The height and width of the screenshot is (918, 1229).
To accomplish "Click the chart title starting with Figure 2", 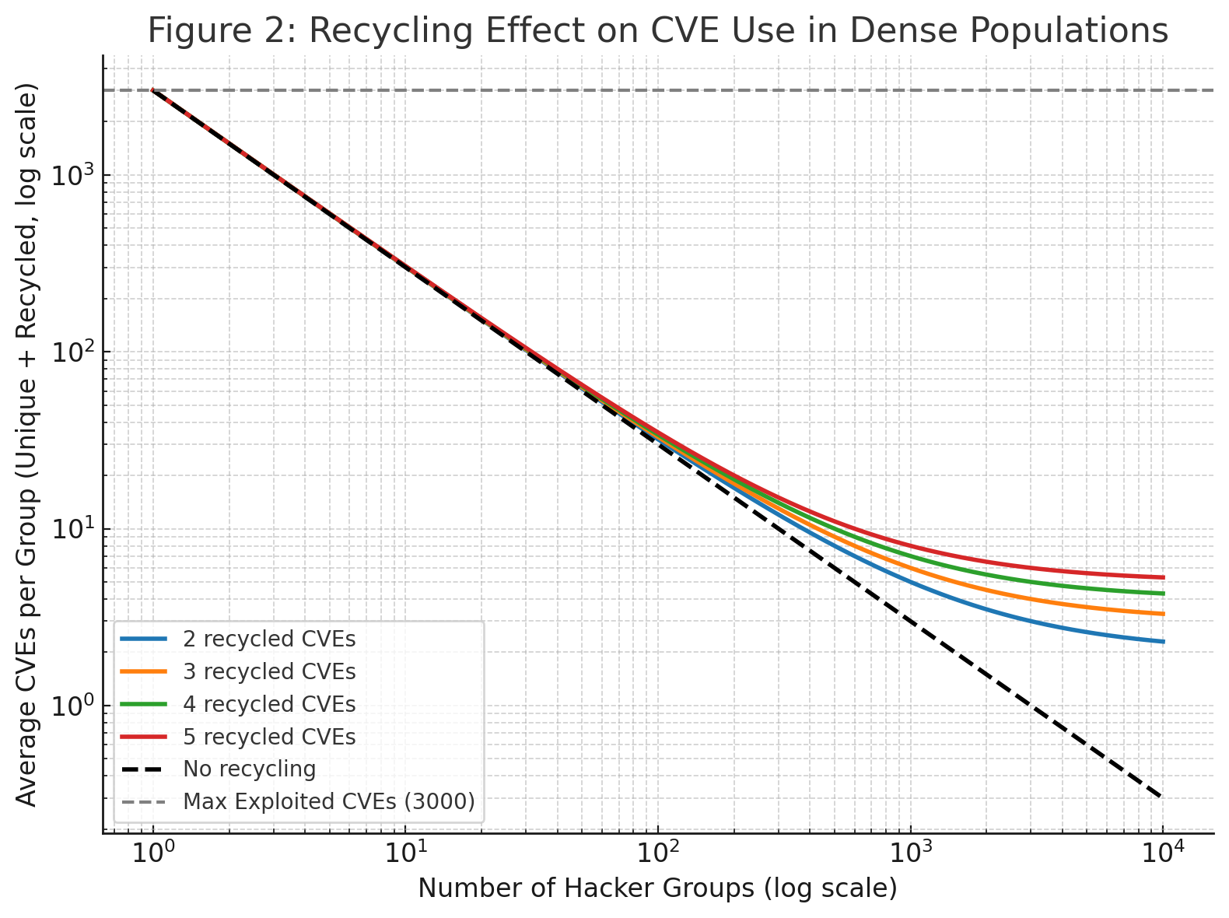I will (x=657, y=32).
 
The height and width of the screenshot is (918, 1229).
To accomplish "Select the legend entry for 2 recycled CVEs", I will (x=269, y=639).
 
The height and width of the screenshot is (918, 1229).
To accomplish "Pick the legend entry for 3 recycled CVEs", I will (x=269, y=672).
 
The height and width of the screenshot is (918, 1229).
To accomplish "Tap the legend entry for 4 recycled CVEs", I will (x=269, y=705).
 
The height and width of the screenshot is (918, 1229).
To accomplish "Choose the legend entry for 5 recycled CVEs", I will (x=269, y=738).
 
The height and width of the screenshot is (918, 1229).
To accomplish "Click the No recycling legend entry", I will (x=249, y=770).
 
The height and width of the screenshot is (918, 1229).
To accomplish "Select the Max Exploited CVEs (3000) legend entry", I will (x=328, y=802).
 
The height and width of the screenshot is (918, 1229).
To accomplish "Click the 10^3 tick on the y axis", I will (x=73, y=175).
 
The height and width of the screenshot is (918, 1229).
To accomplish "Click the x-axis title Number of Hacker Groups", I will (x=657, y=888).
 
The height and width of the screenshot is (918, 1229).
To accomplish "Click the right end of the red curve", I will (x=1164, y=577).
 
